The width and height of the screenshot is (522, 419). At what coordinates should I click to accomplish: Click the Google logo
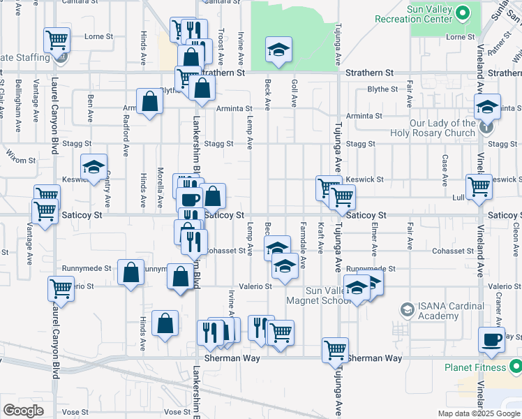(x=23, y=410)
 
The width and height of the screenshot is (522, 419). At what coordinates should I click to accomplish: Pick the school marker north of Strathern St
(x=278, y=50)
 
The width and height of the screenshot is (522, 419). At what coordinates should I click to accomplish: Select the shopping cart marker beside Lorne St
(x=57, y=39)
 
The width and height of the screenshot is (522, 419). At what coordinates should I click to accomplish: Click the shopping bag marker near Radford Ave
(x=150, y=103)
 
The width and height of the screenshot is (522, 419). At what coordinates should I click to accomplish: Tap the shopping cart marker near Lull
(x=479, y=187)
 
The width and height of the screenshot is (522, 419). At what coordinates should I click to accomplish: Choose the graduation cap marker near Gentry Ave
(x=94, y=168)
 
